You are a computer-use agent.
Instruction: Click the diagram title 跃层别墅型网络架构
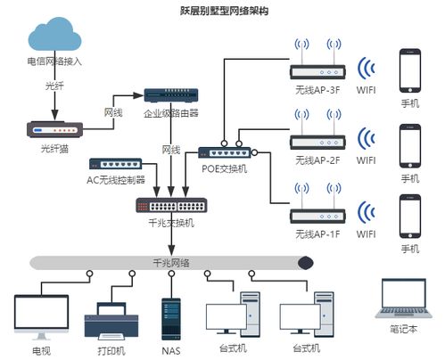pos(224,12)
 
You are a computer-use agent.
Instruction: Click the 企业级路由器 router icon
pos(170,95)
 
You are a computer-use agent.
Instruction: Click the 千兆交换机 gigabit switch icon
pos(169,205)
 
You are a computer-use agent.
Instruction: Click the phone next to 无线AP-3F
pos(410,70)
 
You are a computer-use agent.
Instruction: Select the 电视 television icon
pos(41,315)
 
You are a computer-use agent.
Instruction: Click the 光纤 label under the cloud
pos(54,86)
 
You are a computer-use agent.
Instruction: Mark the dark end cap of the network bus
pos(306,263)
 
